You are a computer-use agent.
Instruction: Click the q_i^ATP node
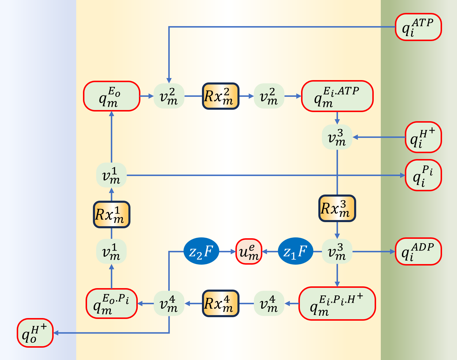(x=418, y=27)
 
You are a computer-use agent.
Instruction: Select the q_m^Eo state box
(x=111, y=96)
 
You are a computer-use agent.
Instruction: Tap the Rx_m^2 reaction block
(x=220, y=96)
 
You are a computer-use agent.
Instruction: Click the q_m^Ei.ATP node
(x=337, y=96)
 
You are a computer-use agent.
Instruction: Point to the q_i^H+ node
(x=423, y=137)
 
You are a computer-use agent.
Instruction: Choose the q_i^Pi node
(x=423, y=175)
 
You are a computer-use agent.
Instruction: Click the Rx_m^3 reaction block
(x=337, y=208)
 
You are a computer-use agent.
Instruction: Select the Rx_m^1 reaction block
(x=111, y=214)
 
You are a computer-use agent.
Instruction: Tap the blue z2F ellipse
(x=201, y=251)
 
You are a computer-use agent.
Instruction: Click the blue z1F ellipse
(x=295, y=251)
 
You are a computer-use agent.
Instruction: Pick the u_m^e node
(x=249, y=251)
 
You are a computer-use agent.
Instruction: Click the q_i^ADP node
(x=418, y=251)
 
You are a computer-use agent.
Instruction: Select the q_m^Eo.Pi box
(x=111, y=303)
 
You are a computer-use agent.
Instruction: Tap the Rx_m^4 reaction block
(x=220, y=303)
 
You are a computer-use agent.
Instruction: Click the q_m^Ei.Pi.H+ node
(x=337, y=303)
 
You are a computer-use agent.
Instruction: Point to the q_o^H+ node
(x=35, y=333)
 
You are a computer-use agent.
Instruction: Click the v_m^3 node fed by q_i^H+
(x=337, y=137)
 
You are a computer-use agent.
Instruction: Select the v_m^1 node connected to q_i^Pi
(x=111, y=175)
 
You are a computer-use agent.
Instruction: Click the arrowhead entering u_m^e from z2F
(x=233, y=251)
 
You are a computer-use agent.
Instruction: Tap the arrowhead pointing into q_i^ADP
(x=393, y=251)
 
